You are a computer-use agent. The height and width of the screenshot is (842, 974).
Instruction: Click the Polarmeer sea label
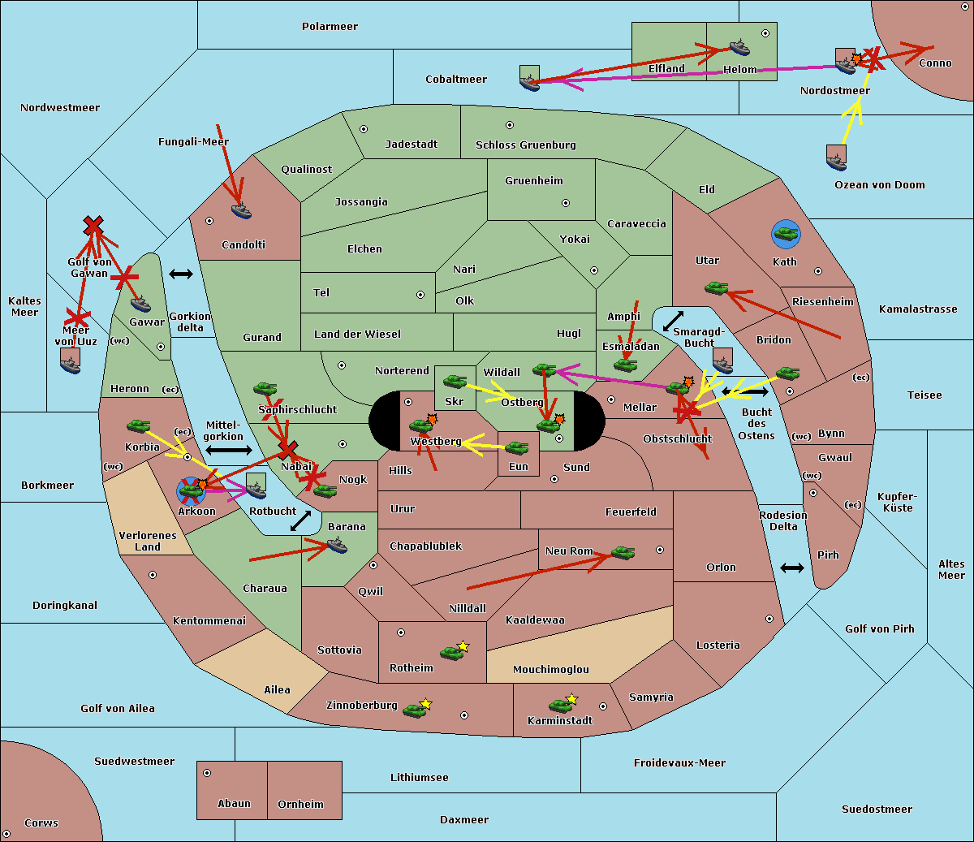[330, 27]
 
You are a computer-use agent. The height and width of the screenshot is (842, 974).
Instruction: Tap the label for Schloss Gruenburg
[525, 145]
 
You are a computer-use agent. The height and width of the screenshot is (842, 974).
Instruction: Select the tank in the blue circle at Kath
[786, 235]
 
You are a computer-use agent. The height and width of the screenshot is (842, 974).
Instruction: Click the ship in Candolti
[241, 211]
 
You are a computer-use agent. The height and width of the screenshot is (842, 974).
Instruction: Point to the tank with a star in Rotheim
[452, 651]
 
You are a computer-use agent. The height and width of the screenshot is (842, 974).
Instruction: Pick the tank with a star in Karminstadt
[561, 704]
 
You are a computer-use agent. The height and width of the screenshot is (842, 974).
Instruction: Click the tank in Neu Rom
[623, 552]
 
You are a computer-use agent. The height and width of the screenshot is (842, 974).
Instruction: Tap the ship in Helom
[739, 46]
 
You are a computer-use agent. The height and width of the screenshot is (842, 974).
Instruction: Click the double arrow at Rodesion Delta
[792, 568]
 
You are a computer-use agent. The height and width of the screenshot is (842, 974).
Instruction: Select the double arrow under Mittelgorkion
[228, 450]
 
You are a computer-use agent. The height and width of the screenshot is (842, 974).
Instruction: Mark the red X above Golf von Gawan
[93, 225]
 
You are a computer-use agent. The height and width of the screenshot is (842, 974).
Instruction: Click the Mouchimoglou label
[551, 670]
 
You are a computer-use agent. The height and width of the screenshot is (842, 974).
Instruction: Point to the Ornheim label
[300, 805]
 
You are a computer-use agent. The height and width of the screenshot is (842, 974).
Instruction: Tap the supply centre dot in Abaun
[207, 773]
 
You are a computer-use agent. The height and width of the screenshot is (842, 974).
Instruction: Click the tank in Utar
[716, 287]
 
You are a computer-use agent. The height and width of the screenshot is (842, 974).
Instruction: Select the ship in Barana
[337, 546]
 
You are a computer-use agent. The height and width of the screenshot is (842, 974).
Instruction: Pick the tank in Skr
[455, 380]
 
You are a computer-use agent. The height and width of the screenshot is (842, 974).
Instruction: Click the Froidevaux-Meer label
[679, 763]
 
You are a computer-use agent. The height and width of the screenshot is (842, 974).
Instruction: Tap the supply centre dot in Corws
[6, 835]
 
